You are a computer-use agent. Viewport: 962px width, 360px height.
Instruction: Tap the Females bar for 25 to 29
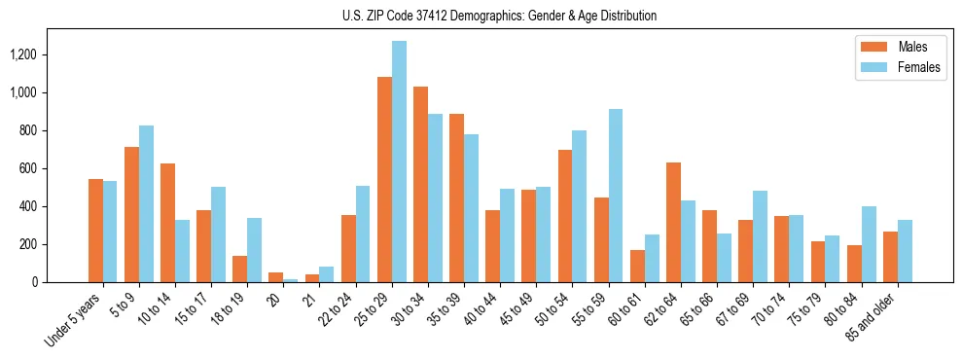pyautogui.click(x=399, y=162)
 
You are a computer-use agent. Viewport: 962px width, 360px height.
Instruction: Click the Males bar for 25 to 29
pyautogui.click(x=384, y=179)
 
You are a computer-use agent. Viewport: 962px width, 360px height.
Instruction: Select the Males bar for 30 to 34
pyautogui.click(x=420, y=184)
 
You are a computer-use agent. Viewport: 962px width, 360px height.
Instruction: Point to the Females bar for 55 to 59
pyautogui.click(x=616, y=196)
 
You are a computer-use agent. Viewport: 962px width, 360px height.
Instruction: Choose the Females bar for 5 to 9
pyautogui.click(x=146, y=203)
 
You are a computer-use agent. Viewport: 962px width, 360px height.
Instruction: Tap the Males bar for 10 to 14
pyautogui.click(x=167, y=223)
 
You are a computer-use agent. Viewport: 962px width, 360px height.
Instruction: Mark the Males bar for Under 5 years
pyautogui.click(x=95, y=231)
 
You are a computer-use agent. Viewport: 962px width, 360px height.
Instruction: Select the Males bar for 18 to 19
pyautogui.click(x=239, y=269)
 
